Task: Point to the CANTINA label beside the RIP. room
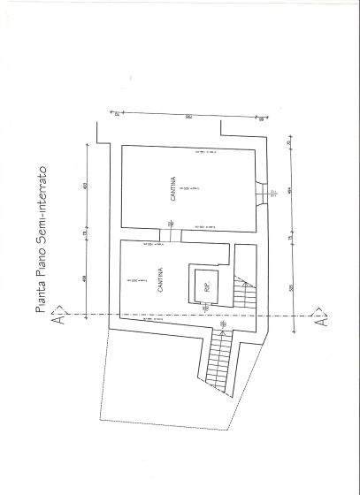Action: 159,281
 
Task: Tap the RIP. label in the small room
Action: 206,287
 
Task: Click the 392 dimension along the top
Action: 188,116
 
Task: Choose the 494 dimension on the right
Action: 289,188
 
